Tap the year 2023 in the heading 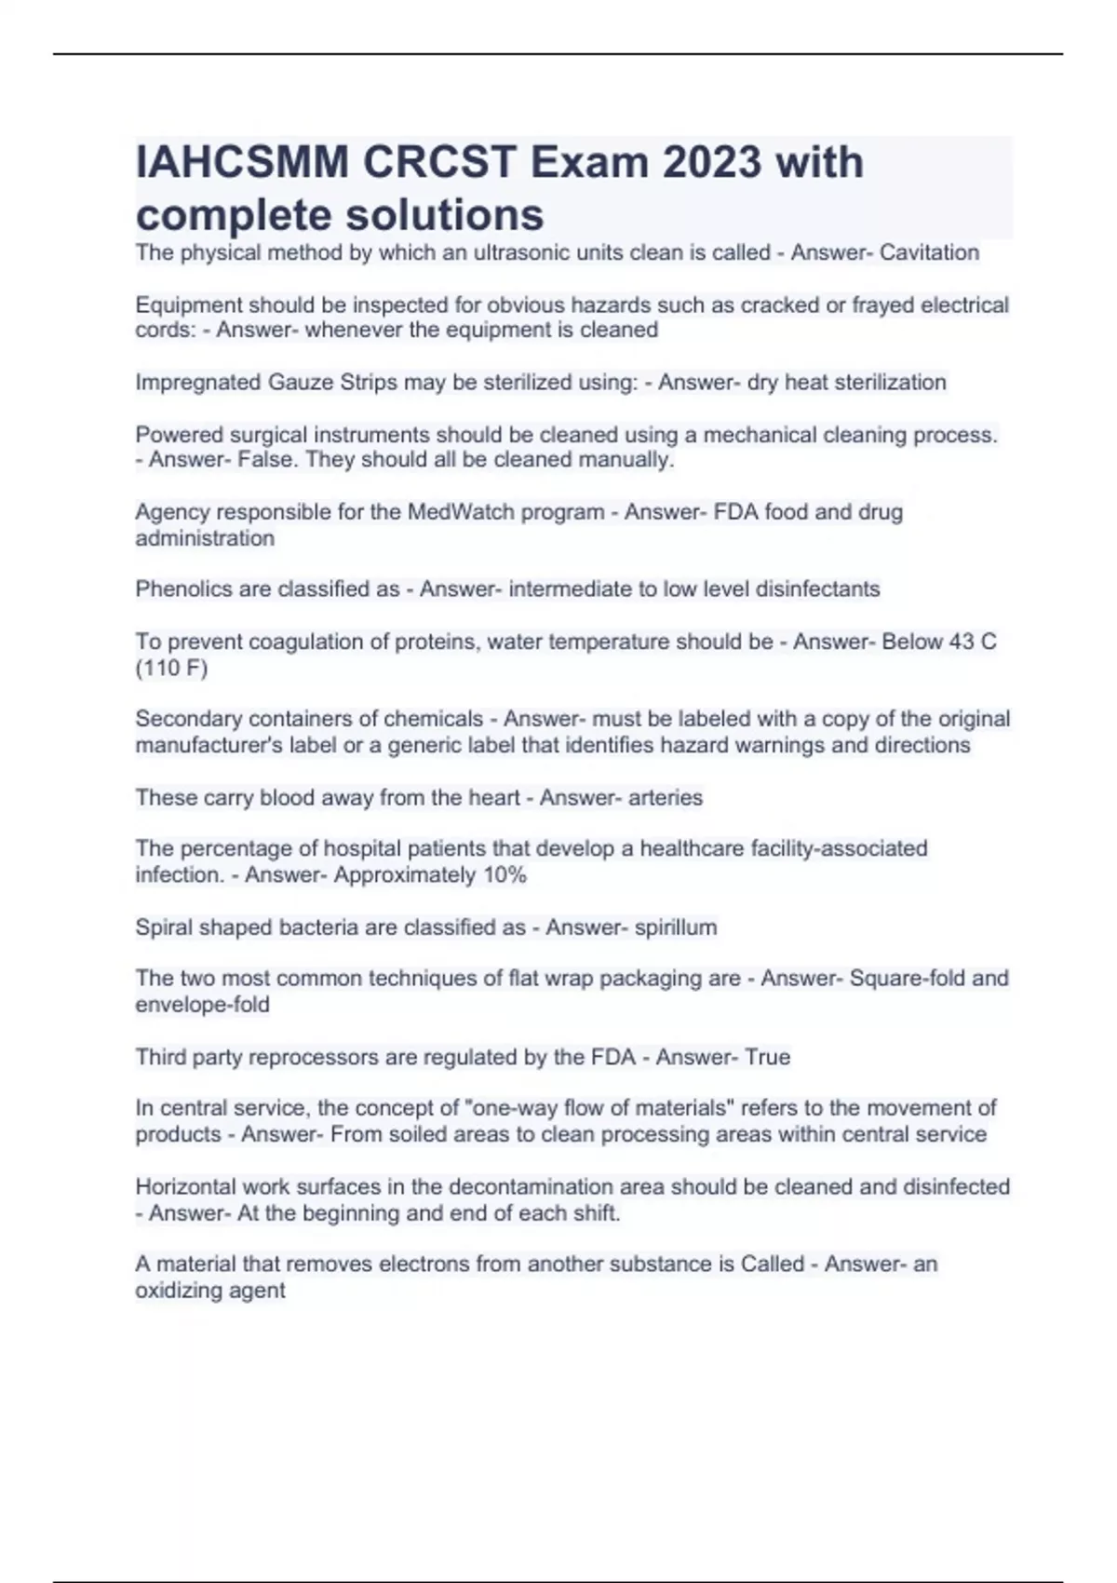[712, 163]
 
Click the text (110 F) [171, 668]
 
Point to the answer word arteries [666, 797]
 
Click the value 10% [505, 875]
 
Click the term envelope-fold [202, 1005]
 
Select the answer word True [767, 1057]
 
